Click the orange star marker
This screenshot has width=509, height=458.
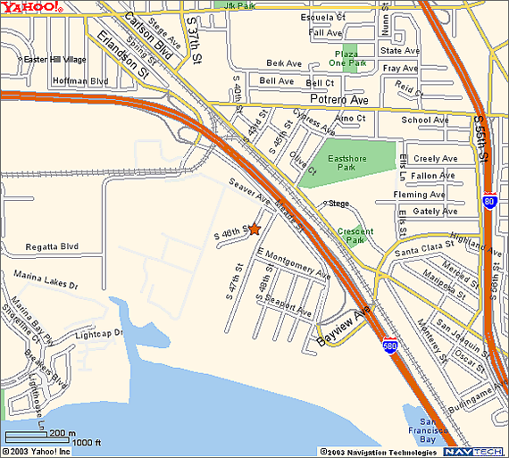tap(254, 229)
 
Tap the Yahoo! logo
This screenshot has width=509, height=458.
tap(31, 8)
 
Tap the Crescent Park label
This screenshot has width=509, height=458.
tap(355, 236)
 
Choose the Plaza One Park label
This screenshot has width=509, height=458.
tap(346, 58)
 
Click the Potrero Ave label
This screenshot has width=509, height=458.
tap(338, 100)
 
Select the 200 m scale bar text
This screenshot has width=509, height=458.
tap(63, 433)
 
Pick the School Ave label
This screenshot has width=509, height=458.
tap(425, 120)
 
